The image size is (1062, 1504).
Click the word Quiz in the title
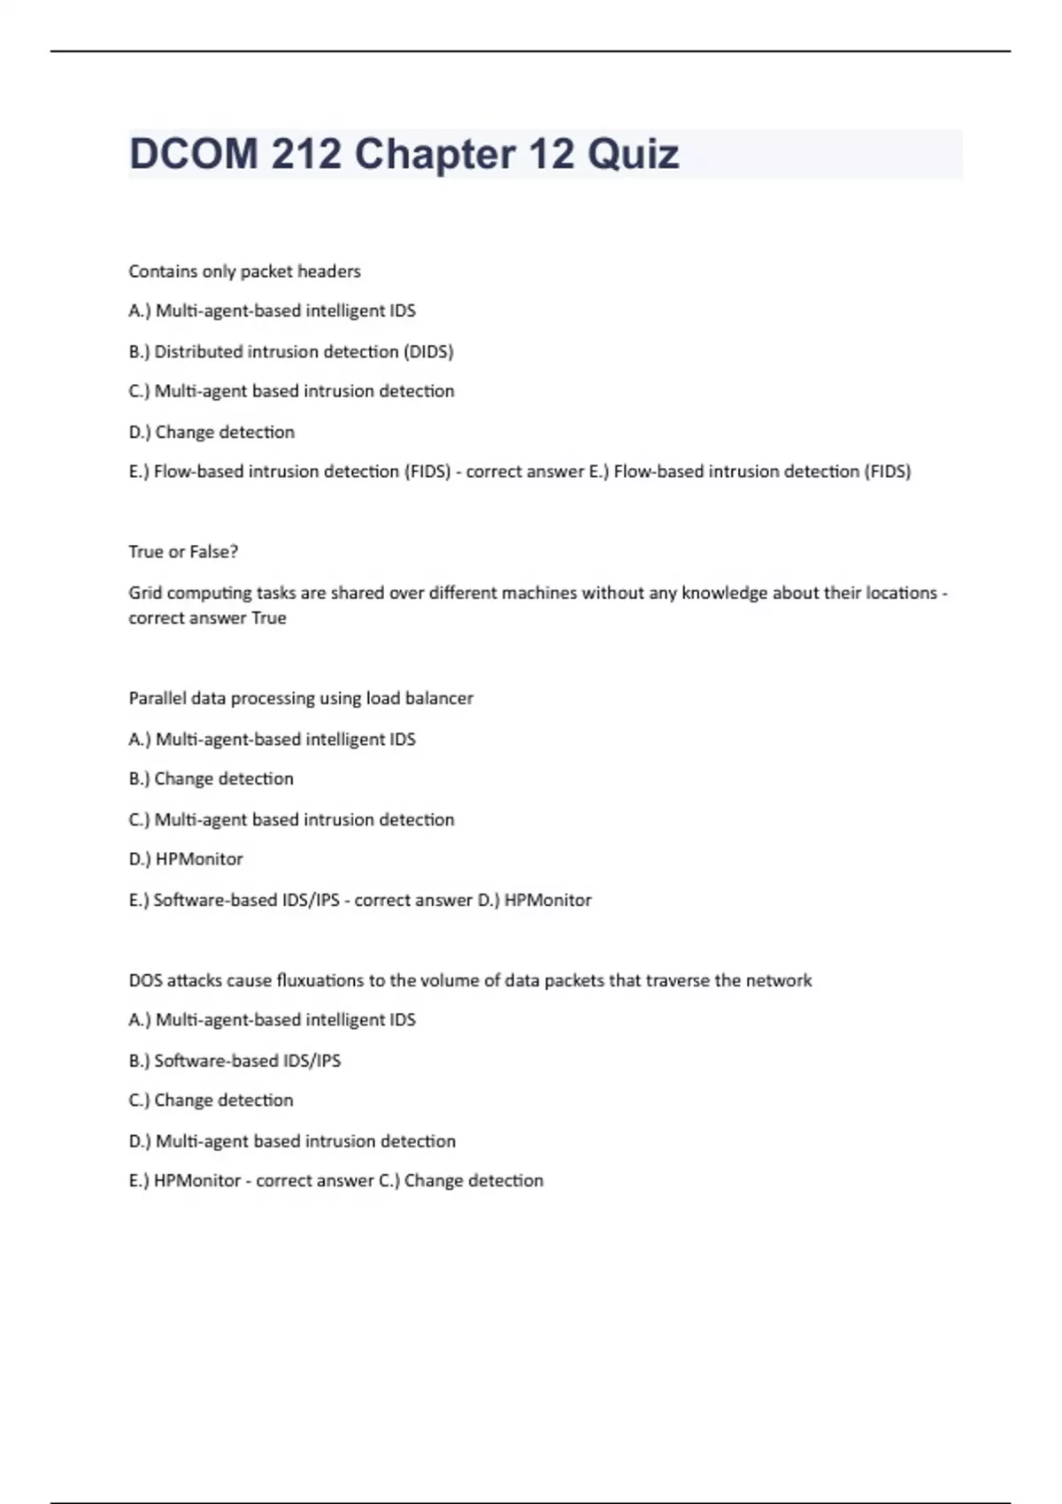[633, 155]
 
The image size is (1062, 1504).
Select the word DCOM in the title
[193, 155]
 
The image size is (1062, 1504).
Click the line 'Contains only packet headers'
[244, 272]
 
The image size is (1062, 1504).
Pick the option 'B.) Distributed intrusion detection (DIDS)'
[290, 352]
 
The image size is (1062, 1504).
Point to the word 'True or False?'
[183, 552]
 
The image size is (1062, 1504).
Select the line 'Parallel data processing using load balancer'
[301, 699]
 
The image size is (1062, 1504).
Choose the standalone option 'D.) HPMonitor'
[186, 859]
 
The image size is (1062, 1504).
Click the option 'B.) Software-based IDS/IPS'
[235, 1061]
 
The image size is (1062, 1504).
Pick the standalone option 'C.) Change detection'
[211, 1101]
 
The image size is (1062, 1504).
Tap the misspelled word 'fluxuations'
[319, 980]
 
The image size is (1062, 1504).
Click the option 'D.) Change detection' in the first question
[212, 433]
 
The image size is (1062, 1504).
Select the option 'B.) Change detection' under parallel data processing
[211, 779]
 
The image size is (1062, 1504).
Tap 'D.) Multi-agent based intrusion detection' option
[292, 1141]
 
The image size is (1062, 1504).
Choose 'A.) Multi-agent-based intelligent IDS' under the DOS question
[272, 1020]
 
